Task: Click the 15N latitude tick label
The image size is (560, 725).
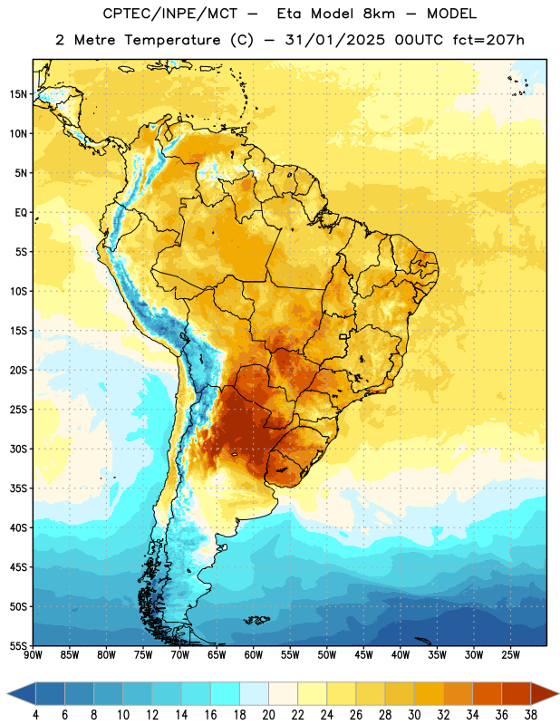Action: click(18, 94)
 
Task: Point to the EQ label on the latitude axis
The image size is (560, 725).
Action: click(21, 213)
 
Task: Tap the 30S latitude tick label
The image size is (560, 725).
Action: click(18, 449)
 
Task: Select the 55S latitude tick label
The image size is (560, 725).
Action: click(18, 646)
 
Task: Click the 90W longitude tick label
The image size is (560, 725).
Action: click(33, 655)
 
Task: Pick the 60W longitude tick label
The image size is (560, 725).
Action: click(254, 655)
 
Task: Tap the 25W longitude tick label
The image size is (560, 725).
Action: click(510, 655)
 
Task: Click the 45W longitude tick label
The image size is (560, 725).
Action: click(363, 655)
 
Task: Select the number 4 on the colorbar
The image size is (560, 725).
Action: click(35, 715)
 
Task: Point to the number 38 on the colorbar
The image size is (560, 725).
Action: click(531, 715)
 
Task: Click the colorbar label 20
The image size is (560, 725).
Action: click(268, 715)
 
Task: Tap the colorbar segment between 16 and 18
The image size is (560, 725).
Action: click(226, 694)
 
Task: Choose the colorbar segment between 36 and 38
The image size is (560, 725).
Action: click(517, 694)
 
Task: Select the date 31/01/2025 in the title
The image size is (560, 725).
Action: click(334, 40)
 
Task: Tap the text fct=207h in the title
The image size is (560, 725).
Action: click(488, 40)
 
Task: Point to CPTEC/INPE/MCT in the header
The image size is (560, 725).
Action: click(170, 14)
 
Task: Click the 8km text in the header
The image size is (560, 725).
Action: click(379, 14)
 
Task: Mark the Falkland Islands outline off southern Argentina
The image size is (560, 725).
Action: click(256, 620)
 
